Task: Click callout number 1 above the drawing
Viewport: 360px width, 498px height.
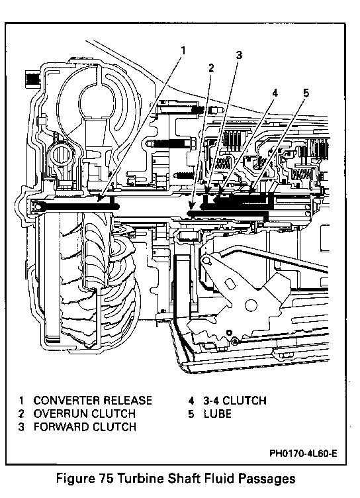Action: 183,50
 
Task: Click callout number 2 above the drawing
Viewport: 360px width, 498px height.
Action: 211,68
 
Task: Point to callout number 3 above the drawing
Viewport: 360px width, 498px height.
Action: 239,55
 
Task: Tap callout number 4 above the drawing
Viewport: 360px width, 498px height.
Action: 275,93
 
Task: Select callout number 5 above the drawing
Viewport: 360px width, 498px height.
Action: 306,93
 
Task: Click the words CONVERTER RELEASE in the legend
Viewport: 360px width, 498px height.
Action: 93,401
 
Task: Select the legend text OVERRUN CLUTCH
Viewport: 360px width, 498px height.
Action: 85,413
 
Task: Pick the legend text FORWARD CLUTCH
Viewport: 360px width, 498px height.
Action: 85,426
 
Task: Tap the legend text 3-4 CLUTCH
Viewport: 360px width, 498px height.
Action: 235,401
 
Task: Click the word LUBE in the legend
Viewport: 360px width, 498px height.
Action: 218,414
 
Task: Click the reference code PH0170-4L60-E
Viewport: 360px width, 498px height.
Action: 303,453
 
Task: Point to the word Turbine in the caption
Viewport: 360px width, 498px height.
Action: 140,478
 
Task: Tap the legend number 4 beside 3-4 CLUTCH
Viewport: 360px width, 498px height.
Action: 191,401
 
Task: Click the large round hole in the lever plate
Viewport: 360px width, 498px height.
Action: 250,305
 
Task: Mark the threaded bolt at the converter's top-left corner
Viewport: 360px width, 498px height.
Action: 32,78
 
